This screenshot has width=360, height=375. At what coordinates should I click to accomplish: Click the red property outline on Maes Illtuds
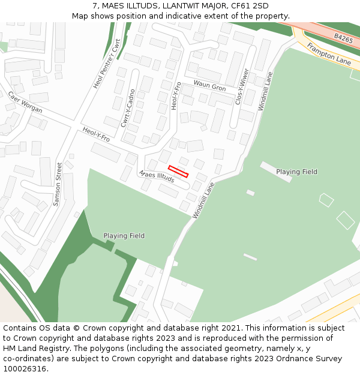point(178,171)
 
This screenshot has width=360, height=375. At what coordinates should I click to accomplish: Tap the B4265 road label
point(343,38)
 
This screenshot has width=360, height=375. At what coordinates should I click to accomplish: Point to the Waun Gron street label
point(209,86)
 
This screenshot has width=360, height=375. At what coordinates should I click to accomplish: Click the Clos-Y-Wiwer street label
point(242,86)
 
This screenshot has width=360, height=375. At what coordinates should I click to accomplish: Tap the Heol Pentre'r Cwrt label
point(107,64)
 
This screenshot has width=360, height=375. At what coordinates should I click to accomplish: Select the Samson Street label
point(58,184)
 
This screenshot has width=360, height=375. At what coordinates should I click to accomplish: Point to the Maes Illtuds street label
point(156,176)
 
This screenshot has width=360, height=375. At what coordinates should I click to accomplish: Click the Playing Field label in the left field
point(124,236)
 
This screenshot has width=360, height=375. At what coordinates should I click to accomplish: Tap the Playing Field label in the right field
point(296,172)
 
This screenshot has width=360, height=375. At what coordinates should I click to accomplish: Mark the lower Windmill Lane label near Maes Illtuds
point(203,200)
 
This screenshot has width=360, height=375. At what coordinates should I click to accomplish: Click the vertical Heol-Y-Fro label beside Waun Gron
point(175,95)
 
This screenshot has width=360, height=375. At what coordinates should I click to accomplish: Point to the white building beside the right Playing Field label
point(268,167)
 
